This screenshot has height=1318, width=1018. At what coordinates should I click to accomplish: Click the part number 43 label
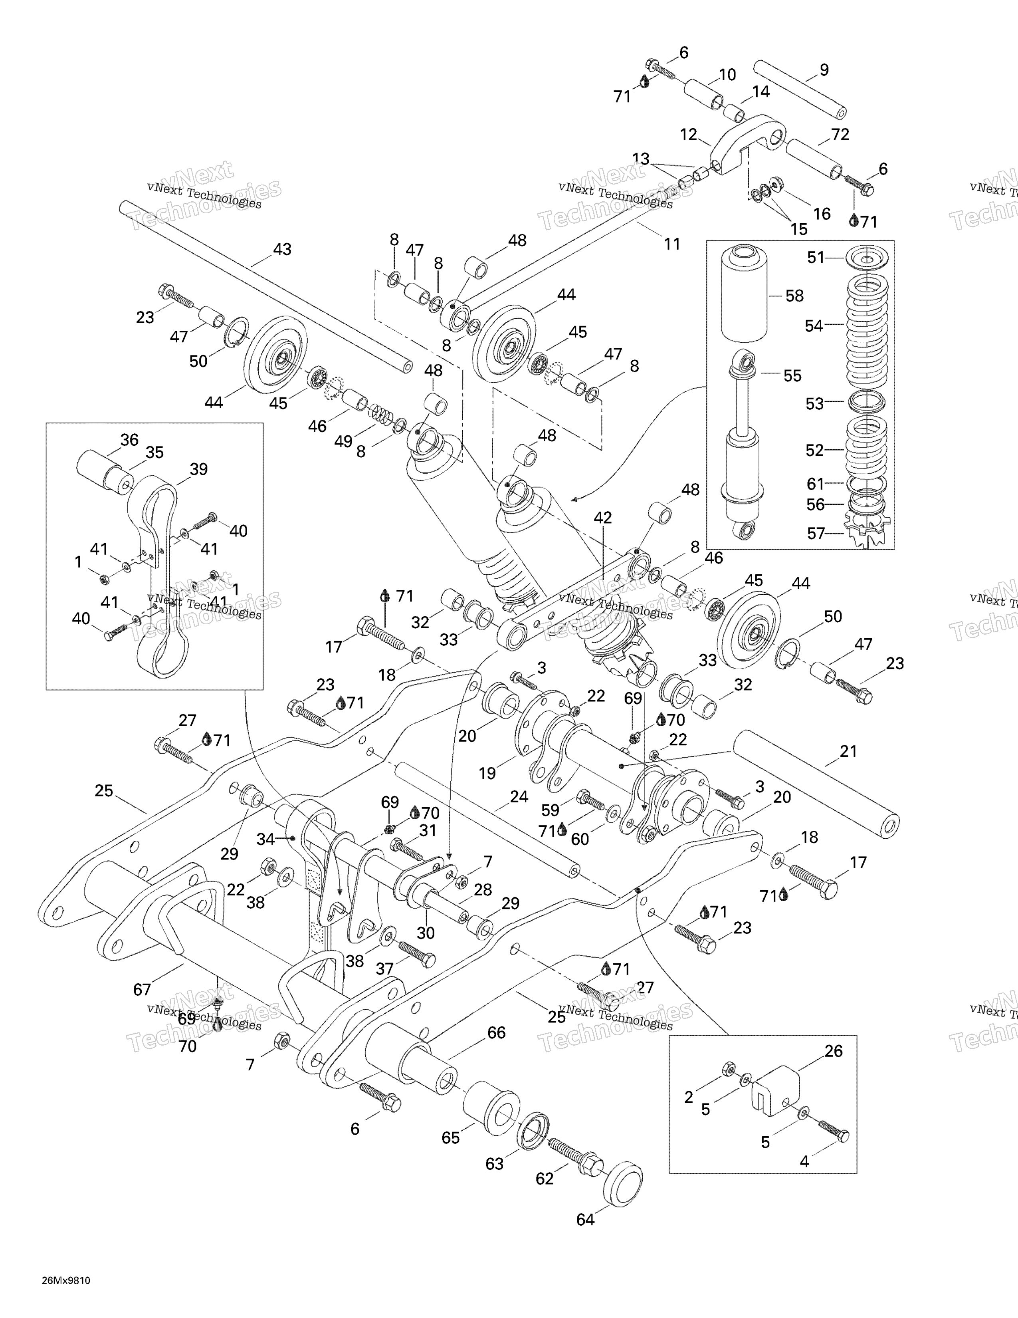coord(282,249)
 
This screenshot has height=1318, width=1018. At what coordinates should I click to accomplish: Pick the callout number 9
coord(824,70)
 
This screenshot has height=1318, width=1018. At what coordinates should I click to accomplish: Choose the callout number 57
coord(816,533)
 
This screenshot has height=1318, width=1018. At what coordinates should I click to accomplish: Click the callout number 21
coord(849,751)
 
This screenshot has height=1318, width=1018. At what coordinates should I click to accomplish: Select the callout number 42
coord(602,517)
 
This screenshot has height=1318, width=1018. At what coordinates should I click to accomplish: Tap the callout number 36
coord(129,440)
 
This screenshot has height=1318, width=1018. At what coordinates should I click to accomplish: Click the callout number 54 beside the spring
coord(814,326)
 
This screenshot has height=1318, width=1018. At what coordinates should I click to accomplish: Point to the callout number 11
coord(672,244)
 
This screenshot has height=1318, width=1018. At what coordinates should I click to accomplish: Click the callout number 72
coord(840,135)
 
